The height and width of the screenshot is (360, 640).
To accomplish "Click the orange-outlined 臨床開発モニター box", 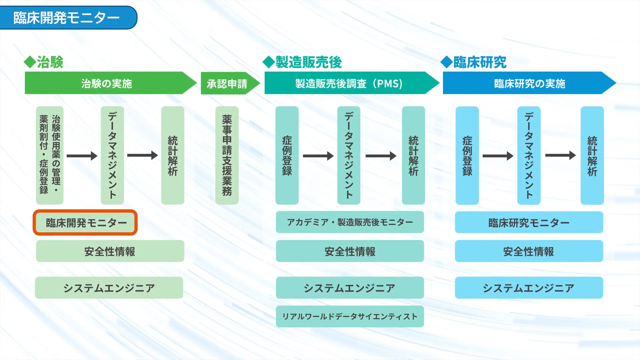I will click(85, 222).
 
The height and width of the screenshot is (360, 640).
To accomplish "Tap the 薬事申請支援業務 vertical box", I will click(227, 155).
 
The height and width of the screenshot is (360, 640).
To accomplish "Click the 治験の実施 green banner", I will click(107, 83).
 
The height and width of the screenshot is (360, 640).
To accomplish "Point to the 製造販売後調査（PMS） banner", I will click(349, 83).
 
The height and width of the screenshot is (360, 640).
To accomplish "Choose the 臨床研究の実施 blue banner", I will click(529, 83).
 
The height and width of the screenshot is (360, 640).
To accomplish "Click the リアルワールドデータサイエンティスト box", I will click(350, 316).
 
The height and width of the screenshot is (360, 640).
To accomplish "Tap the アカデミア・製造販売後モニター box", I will click(350, 222).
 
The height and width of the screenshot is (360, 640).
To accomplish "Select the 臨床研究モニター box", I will click(529, 222).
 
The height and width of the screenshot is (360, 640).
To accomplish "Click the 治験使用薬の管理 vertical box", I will click(50, 155).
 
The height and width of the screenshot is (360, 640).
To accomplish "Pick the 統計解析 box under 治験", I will click(172, 155).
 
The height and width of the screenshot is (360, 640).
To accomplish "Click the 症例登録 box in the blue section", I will click(467, 155).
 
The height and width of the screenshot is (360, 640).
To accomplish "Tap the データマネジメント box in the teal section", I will click(349, 155).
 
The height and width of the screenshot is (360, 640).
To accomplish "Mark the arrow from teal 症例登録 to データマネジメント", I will click(318, 156).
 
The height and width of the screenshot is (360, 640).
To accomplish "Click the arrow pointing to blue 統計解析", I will click(560, 156).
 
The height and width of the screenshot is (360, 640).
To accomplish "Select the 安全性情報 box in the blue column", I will click(529, 251).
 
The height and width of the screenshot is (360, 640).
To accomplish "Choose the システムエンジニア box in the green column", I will click(109, 288).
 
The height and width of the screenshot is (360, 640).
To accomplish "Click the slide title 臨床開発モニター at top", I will click(67, 18).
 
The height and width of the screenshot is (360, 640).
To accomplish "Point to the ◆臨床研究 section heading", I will click(474, 62).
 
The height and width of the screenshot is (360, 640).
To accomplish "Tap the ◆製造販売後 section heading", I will click(303, 62).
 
